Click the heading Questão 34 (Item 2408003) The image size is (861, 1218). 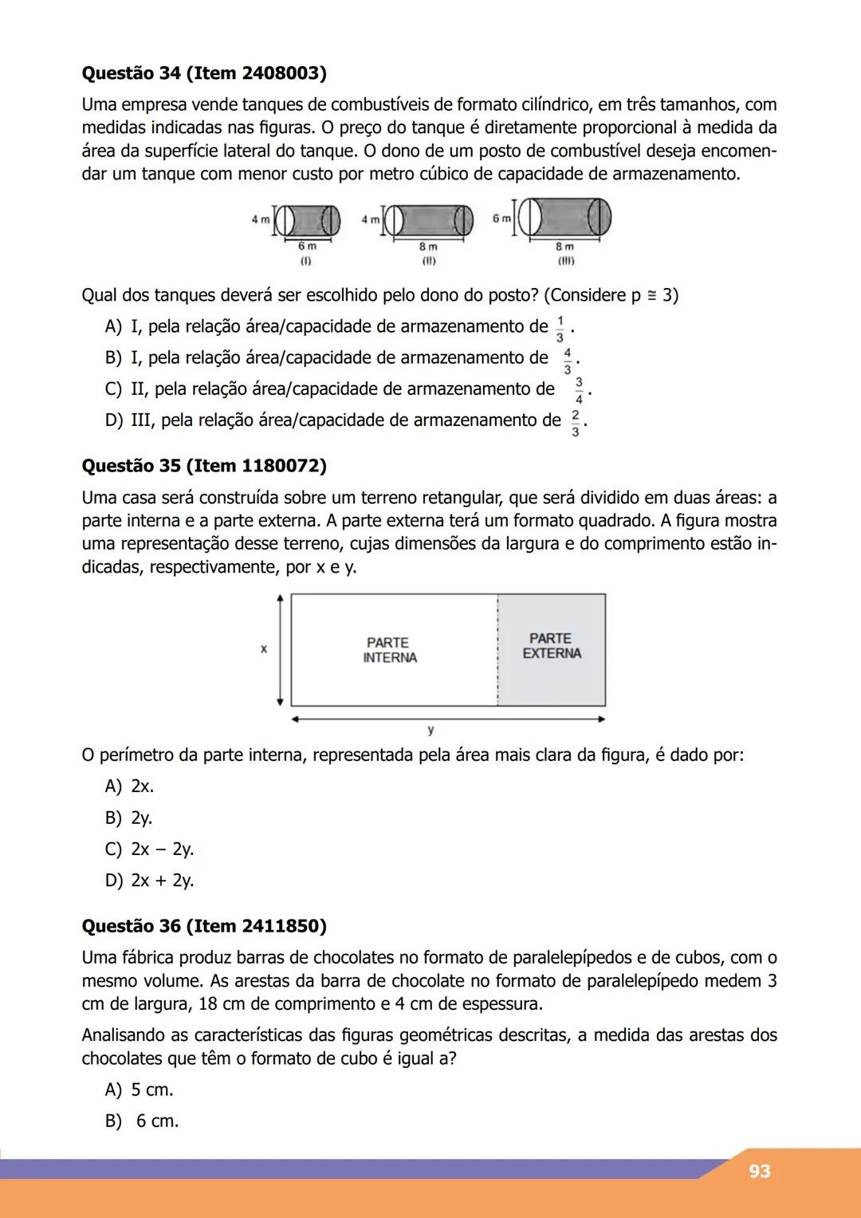tap(204, 73)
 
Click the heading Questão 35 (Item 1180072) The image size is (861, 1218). tap(204, 466)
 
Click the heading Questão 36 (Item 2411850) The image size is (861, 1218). tap(204, 926)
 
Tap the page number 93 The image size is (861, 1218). tap(759, 1171)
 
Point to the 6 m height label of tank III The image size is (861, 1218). tap(501, 219)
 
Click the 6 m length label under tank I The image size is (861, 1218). tap(307, 247)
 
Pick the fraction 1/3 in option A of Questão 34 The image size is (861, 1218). tap(560, 328)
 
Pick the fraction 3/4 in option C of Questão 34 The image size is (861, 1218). tap(579, 390)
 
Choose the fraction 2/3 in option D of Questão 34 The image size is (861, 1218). tap(576, 422)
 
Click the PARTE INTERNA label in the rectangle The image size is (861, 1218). tap(390, 650)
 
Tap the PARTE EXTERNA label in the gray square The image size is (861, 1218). tap(552, 646)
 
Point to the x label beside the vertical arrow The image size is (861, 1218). tap(264, 649)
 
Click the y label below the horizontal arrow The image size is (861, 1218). tap(431, 730)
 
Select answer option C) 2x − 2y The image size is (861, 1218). tap(150, 849)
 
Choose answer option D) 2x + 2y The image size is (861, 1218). tap(150, 881)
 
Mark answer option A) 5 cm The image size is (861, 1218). tap(140, 1090)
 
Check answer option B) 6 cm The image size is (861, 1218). tap(142, 1121)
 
